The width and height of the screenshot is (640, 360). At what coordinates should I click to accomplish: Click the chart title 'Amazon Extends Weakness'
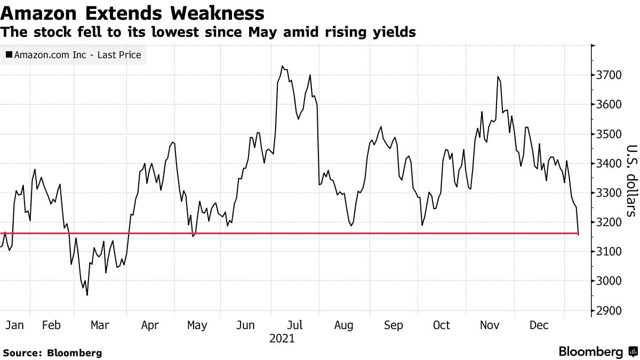pyautogui.click(x=133, y=13)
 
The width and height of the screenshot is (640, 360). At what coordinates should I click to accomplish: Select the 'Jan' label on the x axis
pyautogui.click(x=14, y=325)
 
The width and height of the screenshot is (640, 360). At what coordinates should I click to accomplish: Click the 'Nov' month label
pyautogui.click(x=490, y=325)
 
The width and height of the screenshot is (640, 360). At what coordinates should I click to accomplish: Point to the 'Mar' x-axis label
pyautogui.click(x=100, y=325)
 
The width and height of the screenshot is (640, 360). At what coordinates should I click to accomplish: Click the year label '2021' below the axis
pyautogui.click(x=282, y=339)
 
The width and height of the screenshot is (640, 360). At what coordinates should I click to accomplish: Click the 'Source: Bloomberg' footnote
pyautogui.click(x=52, y=353)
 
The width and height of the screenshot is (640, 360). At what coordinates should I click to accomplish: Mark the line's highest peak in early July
pyautogui.click(x=282, y=66)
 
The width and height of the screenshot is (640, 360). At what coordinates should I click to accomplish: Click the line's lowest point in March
pyautogui.click(x=87, y=295)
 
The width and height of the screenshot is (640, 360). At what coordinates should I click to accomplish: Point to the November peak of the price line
pyautogui.click(x=498, y=77)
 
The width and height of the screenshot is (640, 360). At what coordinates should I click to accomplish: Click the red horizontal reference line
pyautogui.click(x=320, y=233)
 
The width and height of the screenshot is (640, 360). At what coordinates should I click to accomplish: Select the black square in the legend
pyautogui.click(x=9, y=54)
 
